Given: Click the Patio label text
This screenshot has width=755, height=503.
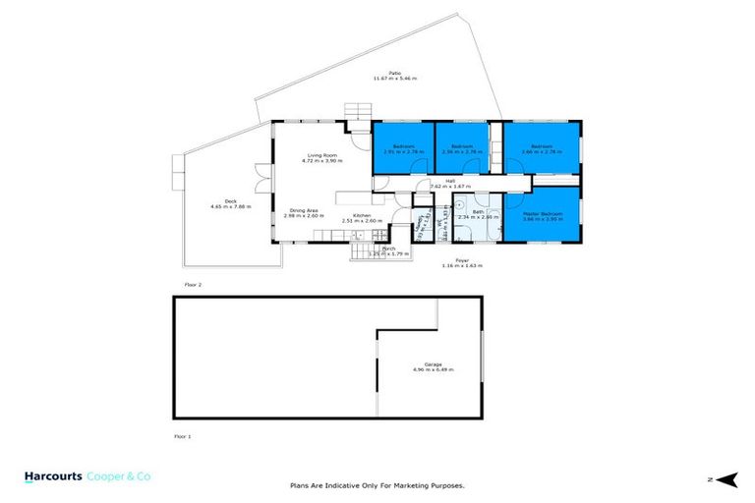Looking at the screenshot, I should [394, 72].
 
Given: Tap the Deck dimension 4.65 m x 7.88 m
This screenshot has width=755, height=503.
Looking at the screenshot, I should [231, 207].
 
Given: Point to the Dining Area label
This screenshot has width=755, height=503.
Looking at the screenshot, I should [301, 209].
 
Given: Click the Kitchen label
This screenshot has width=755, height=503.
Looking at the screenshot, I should [362, 215].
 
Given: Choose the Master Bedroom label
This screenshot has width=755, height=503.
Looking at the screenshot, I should [543, 214].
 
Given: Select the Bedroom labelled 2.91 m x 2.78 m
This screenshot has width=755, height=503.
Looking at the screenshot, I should [403, 146].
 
